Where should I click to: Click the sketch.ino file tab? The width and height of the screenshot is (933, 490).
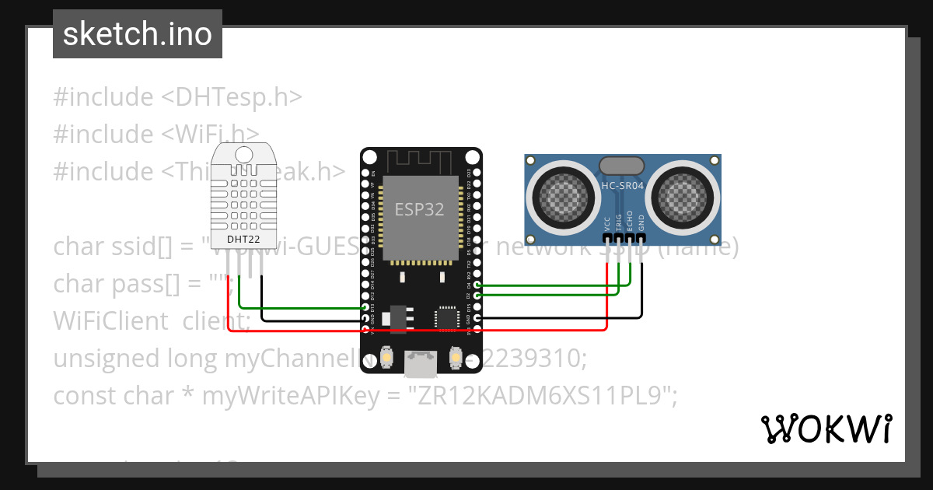point(138,34)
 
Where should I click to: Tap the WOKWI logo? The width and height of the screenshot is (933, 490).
point(826,429)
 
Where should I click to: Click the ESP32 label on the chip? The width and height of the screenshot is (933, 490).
point(420,209)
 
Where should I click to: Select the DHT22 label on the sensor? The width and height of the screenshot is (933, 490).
point(243,239)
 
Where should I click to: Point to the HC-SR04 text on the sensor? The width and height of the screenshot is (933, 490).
point(622,186)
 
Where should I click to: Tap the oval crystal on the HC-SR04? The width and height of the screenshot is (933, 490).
point(621,165)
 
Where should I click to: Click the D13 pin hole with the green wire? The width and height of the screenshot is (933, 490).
point(365,308)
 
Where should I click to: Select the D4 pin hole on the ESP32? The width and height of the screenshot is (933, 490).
point(477,285)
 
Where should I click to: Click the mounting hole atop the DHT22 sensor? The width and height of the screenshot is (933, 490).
point(243,154)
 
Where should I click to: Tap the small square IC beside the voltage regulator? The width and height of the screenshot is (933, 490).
point(446,317)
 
